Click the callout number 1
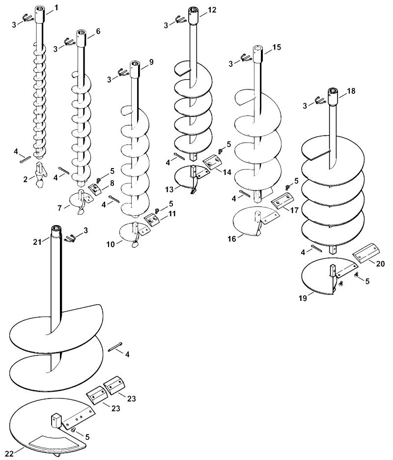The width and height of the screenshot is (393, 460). [x=56, y=8]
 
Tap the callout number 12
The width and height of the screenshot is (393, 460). [x=212, y=10]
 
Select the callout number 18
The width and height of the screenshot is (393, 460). [x=351, y=91]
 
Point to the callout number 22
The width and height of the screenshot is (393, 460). [x=9, y=454]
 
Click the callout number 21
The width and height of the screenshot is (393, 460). [x=37, y=242]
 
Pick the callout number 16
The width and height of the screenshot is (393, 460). [x=232, y=239]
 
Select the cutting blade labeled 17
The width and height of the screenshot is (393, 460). [x=281, y=201]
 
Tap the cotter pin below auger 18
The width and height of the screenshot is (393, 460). [x=316, y=248]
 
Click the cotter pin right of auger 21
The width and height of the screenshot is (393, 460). [x=115, y=346]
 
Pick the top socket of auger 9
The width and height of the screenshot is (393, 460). [x=135, y=69]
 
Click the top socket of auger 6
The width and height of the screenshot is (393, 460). [x=81, y=38]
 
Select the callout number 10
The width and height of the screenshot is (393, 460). [x=110, y=244]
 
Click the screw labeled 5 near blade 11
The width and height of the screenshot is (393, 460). [x=157, y=210]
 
